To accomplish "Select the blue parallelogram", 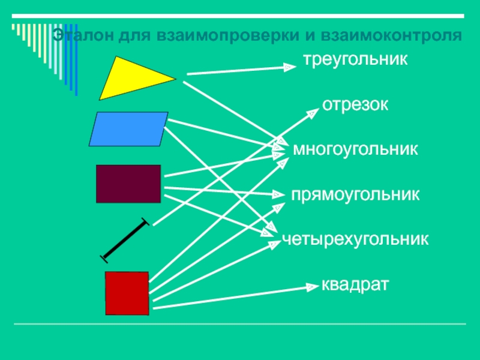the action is tap(128, 129).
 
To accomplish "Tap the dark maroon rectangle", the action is tap(128, 184).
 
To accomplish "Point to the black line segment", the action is tap(125, 241).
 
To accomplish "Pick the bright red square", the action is tap(127, 293).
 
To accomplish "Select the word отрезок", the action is tap(356, 105).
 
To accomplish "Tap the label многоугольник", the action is tap(355, 149).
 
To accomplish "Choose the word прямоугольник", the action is tap(355, 195).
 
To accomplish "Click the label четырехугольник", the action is tap(355, 239).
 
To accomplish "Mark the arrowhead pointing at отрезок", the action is tap(313, 111).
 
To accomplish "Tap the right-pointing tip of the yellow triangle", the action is tap(175, 77).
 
